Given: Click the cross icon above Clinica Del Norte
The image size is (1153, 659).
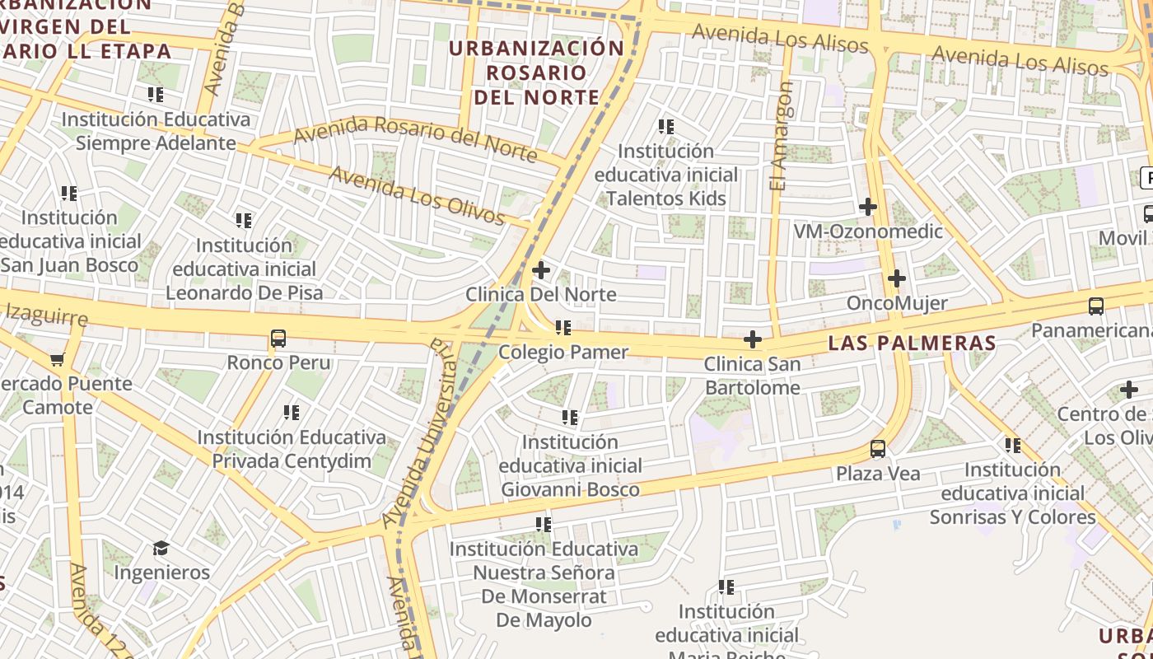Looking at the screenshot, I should (541, 269).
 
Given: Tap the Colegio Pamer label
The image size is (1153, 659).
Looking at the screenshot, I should (563, 352).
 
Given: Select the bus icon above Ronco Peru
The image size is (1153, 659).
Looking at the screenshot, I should (278, 339).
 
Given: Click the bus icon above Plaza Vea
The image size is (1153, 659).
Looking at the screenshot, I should (878, 449).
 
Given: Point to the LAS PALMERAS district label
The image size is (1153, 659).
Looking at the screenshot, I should (912, 343).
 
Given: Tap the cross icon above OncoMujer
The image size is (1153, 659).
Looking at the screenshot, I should (897, 279).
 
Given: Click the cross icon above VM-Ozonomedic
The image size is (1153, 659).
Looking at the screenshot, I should (867, 207).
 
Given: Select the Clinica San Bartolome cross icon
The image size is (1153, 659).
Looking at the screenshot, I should (752, 339).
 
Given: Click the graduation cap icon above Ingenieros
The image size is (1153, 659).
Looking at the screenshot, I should (161, 548).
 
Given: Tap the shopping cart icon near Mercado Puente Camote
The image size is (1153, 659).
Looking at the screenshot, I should (57, 359).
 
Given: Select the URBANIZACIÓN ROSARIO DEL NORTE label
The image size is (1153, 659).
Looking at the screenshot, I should (536, 72).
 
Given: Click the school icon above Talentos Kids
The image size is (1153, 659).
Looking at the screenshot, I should (666, 127).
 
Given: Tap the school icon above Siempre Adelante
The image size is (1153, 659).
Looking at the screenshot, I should (155, 95).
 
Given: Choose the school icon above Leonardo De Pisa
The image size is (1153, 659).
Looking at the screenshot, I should (243, 221).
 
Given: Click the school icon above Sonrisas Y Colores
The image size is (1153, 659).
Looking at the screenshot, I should (1012, 446).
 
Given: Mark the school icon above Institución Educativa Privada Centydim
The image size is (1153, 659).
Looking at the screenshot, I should (291, 413).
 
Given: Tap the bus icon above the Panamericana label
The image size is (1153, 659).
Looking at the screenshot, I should (1095, 306).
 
